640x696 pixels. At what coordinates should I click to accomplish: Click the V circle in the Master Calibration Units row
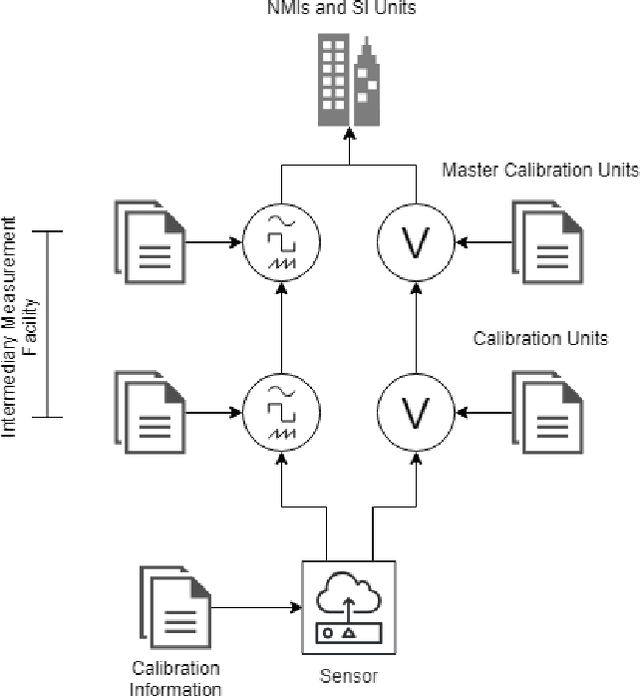pos(415,241)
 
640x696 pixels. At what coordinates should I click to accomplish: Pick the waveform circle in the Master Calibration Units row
pos(281,241)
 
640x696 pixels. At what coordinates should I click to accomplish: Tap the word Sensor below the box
pos(349,675)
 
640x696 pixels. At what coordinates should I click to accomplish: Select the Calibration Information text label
pos(176,677)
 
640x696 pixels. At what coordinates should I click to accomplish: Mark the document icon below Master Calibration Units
pos(548,241)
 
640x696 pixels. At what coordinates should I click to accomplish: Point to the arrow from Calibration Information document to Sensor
pos(255,607)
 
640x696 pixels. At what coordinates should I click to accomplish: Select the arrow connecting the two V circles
pos(415,325)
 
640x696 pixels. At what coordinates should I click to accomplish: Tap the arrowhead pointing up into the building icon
pos(350,134)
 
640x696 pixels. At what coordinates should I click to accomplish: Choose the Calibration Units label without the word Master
pos(540,338)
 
